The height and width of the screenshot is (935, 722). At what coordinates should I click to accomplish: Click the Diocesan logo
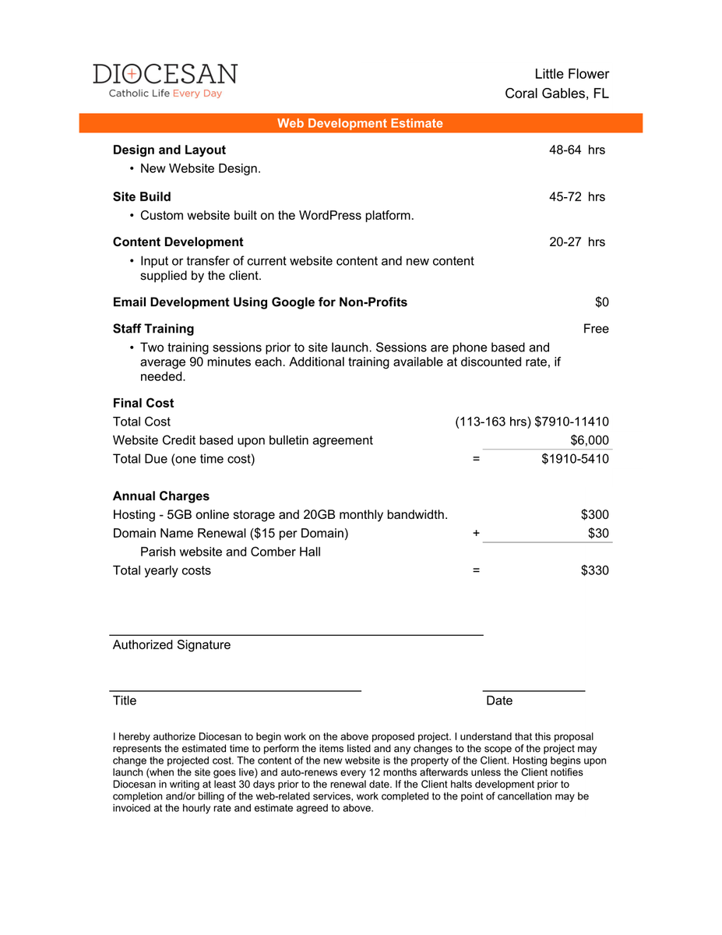165,80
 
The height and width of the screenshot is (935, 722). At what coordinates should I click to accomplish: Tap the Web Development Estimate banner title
360,123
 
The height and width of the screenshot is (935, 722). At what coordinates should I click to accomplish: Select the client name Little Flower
572,74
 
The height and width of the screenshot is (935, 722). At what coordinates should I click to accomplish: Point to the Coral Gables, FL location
557,93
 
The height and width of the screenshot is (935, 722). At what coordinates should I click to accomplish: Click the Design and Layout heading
169,150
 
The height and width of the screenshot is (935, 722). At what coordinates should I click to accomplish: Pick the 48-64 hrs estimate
576,150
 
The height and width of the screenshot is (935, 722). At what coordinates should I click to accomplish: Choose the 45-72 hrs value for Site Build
576,196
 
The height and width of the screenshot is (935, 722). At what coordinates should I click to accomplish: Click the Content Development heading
178,242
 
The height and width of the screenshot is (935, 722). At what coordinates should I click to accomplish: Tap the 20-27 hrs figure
576,242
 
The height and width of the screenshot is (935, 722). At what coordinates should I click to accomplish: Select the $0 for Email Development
601,302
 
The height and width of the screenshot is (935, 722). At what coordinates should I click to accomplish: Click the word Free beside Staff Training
596,329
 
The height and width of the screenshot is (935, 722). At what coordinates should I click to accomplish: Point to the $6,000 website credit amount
590,440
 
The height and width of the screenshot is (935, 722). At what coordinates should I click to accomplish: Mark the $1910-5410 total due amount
575,459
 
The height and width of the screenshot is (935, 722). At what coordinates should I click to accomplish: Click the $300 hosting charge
595,514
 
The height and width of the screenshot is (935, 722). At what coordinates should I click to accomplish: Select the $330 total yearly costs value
595,570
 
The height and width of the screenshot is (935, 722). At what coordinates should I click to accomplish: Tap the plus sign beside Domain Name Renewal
476,534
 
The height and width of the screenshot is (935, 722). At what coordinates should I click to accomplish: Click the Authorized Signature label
171,644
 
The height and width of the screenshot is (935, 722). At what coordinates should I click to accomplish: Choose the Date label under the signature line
499,700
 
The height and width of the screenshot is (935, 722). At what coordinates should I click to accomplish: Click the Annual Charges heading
160,496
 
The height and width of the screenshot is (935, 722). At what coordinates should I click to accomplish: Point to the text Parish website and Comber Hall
230,552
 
